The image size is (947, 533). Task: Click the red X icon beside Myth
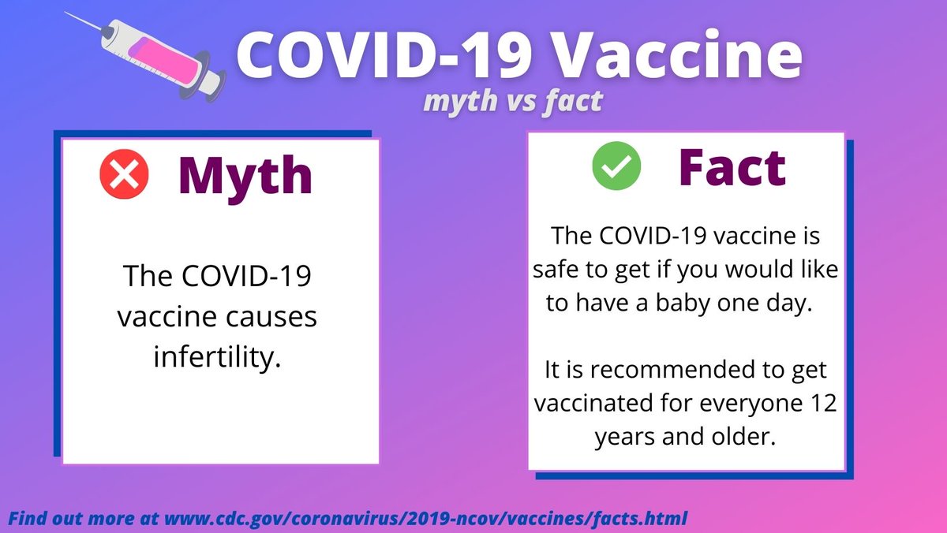pos(119,174)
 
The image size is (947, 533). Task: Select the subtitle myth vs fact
pos(512,101)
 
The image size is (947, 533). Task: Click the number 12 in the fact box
pos(823,403)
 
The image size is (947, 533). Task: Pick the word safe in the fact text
pos(557,270)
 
